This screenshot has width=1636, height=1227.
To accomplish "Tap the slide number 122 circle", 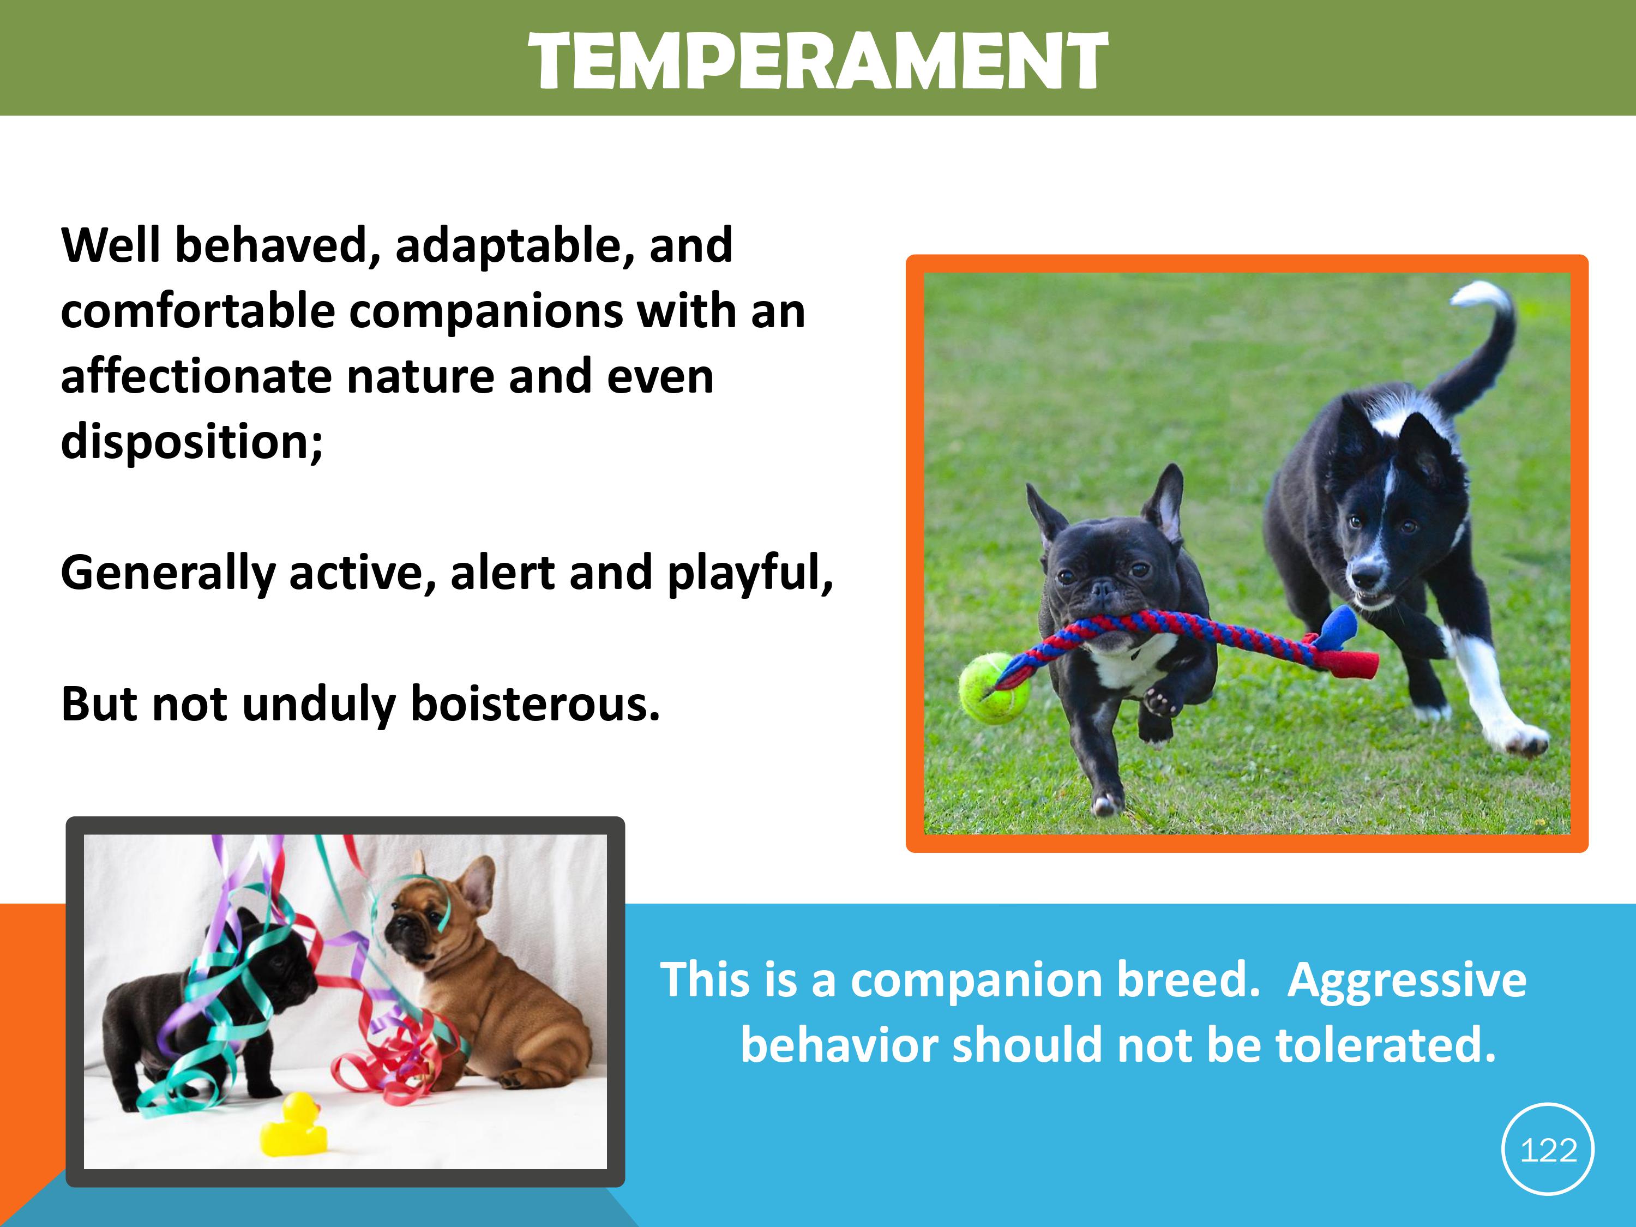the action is [1548, 1148].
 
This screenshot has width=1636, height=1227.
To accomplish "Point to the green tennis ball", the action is [988, 688].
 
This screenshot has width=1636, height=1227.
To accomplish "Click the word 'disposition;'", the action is [191, 442].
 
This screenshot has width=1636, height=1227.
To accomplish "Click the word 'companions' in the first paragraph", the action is [486, 312].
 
